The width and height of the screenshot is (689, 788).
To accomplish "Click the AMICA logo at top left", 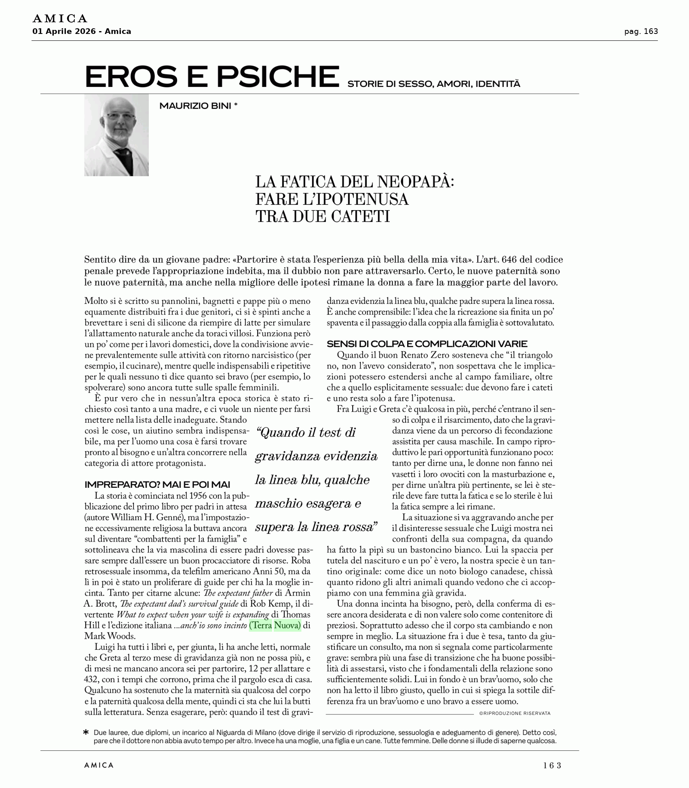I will [60, 19].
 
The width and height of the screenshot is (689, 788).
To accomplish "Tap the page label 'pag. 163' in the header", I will [641, 32].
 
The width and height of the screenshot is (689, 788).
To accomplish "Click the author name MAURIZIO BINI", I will [195, 106].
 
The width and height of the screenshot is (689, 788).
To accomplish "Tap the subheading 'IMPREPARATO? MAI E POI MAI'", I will [157, 484].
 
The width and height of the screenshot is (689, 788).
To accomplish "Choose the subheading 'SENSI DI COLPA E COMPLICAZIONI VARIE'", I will [427, 344].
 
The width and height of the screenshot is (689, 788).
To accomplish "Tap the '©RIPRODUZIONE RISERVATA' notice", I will [515, 713].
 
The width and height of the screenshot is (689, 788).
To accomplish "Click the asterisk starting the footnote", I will [86, 732].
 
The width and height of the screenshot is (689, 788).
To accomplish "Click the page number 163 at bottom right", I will [552, 765].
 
